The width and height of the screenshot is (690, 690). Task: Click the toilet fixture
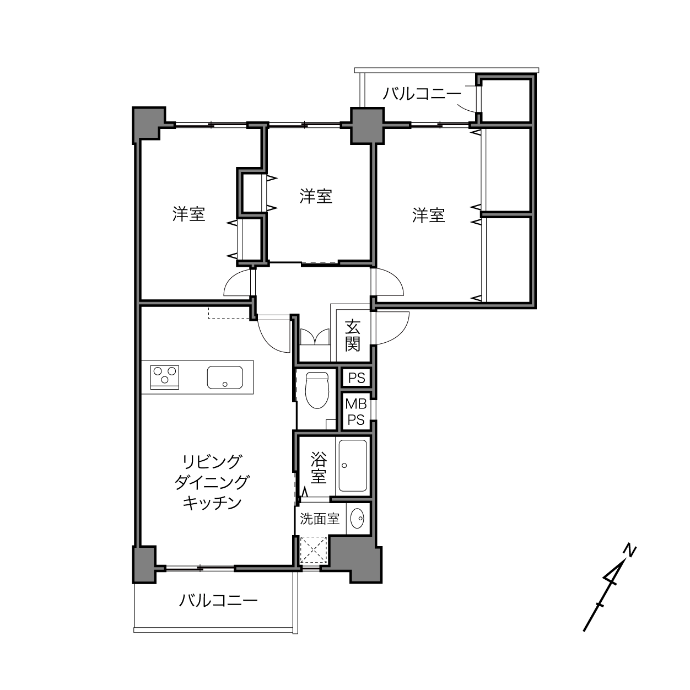click(x=317, y=390)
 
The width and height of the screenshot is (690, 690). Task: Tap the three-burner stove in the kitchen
click(x=165, y=377)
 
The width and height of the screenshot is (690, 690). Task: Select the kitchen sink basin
click(x=225, y=378)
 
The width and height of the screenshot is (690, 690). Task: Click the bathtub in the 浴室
click(x=353, y=466)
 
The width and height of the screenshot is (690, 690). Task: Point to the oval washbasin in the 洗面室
click(x=357, y=518)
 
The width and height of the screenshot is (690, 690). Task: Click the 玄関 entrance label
click(x=352, y=335)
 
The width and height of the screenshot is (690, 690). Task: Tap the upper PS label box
click(x=356, y=378)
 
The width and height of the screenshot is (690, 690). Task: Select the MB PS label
click(x=356, y=412)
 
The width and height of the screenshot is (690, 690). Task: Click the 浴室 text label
click(x=319, y=468)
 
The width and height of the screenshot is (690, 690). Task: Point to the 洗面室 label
click(x=320, y=519)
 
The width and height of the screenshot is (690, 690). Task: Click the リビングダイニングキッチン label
click(x=212, y=482)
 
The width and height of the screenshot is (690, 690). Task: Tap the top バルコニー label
click(x=422, y=94)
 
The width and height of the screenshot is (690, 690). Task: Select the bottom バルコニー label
click(x=218, y=600)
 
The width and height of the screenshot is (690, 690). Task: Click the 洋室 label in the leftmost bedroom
click(x=188, y=214)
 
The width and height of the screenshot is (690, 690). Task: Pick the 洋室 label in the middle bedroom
click(x=316, y=196)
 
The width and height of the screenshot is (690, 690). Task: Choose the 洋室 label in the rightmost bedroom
click(x=428, y=215)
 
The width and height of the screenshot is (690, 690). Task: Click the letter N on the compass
click(x=629, y=552)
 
